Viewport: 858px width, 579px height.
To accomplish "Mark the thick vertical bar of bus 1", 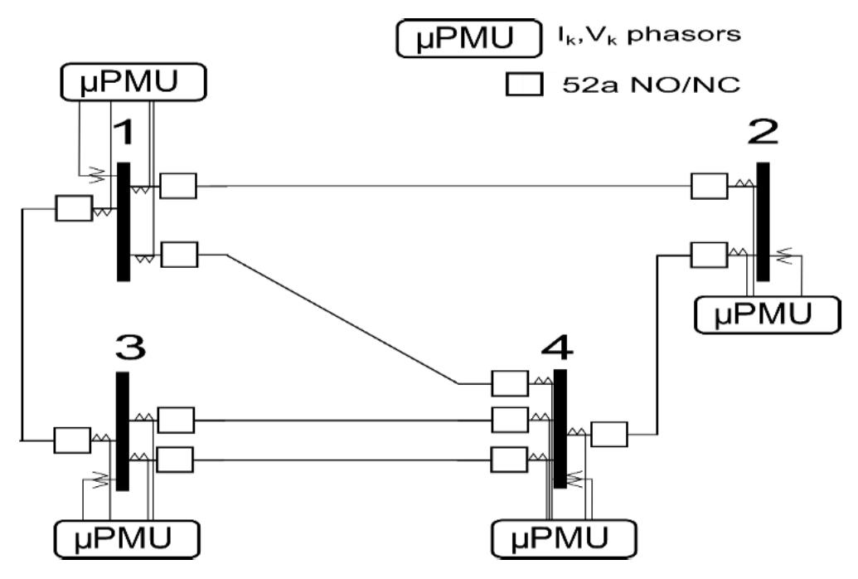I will [124, 221].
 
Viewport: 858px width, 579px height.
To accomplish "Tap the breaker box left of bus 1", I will [73, 208].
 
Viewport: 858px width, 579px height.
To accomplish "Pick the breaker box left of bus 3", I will [72, 440].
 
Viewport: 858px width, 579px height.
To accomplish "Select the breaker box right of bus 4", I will [609, 434].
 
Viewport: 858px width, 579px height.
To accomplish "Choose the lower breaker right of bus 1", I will [179, 255].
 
